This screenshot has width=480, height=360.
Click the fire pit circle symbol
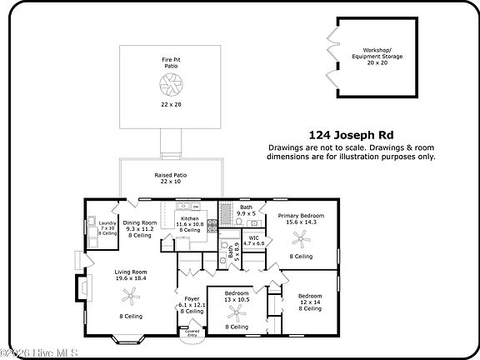tap(171, 84)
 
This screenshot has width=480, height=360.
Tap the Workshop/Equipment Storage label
tap(377, 54)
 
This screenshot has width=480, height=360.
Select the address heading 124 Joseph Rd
tap(351, 135)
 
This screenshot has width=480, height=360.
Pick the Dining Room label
tap(140, 223)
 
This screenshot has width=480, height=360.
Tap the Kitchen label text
tap(190, 218)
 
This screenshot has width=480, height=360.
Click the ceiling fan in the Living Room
tap(130, 293)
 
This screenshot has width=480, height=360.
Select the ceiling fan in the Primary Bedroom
tap(301, 238)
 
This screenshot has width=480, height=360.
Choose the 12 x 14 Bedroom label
tap(310, 297)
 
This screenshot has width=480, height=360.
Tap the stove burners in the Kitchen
tap(212, 223)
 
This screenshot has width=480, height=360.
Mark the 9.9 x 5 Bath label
tap(246, 211)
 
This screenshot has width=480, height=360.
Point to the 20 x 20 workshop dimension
tap(377, 62)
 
